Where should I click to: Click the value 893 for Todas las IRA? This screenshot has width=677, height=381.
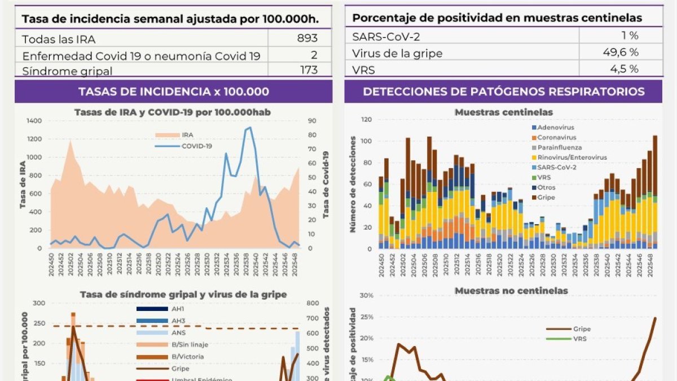click(x=307, y=38)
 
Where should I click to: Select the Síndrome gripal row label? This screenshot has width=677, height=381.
click(x=67, y=71)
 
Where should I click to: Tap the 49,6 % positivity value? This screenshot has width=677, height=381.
click(x=621, y=52)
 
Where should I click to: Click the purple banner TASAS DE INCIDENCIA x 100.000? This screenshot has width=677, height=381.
click(x=173, y=91)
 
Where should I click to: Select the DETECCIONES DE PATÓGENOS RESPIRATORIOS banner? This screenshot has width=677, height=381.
click(x=503, y=91)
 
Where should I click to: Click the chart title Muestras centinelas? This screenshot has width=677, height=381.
click(x=503, y=112)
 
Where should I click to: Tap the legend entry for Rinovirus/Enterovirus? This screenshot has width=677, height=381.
click(x=571, y=157)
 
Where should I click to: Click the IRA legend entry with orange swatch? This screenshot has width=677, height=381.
click(x=187, y=135)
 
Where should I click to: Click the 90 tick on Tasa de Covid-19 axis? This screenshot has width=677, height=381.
click(x=312, y=121)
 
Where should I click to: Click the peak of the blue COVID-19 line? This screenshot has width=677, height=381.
click(x=250, y=128)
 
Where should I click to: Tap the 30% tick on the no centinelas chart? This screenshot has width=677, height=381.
click(x=366, y=296)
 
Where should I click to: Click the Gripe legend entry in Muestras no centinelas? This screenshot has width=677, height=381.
click(x=581, y=329)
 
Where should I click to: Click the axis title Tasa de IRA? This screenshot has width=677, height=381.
click(x=23, y=184)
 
